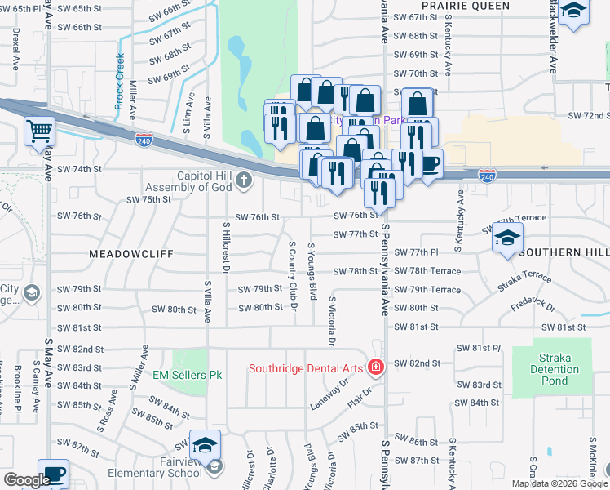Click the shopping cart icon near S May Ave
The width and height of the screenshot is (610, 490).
tap(39, 131)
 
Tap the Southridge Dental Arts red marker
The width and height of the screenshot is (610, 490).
tap(374, 368)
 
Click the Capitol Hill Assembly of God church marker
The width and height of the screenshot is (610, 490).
tap(244, 181)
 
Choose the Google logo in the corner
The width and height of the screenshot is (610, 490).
tap(26, 480)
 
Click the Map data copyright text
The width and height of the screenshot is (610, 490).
tap(559, 483)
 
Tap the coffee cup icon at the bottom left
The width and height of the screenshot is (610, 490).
tap(54, 474)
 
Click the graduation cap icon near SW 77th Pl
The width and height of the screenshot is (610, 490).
tap(507, 238)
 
